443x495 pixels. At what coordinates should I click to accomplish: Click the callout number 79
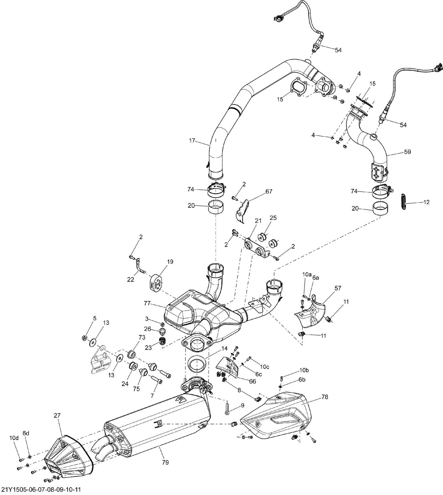tap(165, 462)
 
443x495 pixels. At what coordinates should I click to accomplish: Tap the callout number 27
tap(57, 415)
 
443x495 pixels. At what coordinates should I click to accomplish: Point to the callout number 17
tap(192, 140)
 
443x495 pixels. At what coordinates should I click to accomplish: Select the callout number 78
tap(325, 397)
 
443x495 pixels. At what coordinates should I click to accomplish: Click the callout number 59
tap(408, 152)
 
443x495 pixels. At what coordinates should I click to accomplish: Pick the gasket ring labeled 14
tap(196, 365)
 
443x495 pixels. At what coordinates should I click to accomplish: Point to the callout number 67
tap(269, 191)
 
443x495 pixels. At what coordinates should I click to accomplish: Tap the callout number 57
tap(338, 288)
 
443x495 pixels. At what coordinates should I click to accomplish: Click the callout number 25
tap(273, 218)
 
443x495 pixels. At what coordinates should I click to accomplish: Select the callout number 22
tap(131, 280)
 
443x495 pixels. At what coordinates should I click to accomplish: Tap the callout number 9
tap(242, 405)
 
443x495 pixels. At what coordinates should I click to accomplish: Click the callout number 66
tap(252, 381)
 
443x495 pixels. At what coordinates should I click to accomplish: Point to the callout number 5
tap(95, 318)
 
